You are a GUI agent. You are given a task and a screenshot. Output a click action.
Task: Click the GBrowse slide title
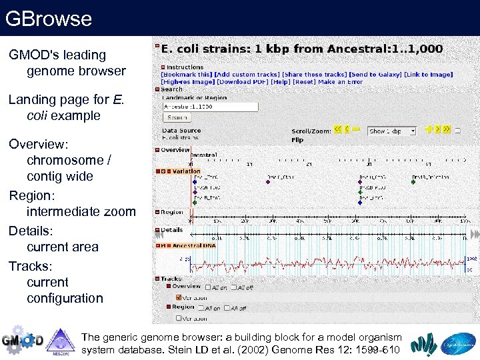tap(48, 18)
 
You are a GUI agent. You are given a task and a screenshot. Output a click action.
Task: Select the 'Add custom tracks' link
tap(247, 74)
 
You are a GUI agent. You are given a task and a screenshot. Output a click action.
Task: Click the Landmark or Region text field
tap(210, 107)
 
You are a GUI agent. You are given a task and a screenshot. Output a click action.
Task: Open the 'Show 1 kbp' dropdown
tap(391, 131)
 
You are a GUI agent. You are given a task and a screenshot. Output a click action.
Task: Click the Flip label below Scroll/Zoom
tap(297, 140)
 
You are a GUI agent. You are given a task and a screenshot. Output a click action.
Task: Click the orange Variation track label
tap(186, 171)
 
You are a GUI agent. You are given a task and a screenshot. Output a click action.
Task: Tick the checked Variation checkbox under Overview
tap(178, 297)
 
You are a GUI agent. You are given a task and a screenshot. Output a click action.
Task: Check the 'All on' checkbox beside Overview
tap(208, 287)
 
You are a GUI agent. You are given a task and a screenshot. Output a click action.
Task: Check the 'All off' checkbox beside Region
tap(227, 308)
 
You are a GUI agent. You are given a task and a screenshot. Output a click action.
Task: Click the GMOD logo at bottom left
tap(21, 340)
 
